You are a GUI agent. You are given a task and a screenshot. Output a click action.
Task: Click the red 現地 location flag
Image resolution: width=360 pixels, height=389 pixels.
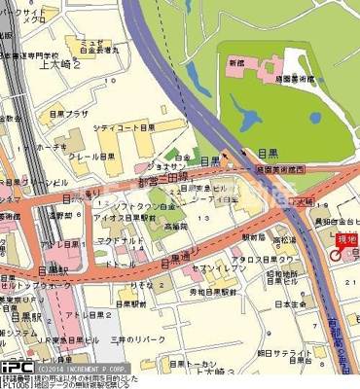point(345,239)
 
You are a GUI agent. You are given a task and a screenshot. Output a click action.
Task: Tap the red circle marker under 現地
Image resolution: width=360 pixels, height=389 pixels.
point(337,254)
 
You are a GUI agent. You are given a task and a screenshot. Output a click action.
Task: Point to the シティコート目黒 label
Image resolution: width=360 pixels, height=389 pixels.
point(126,127)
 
